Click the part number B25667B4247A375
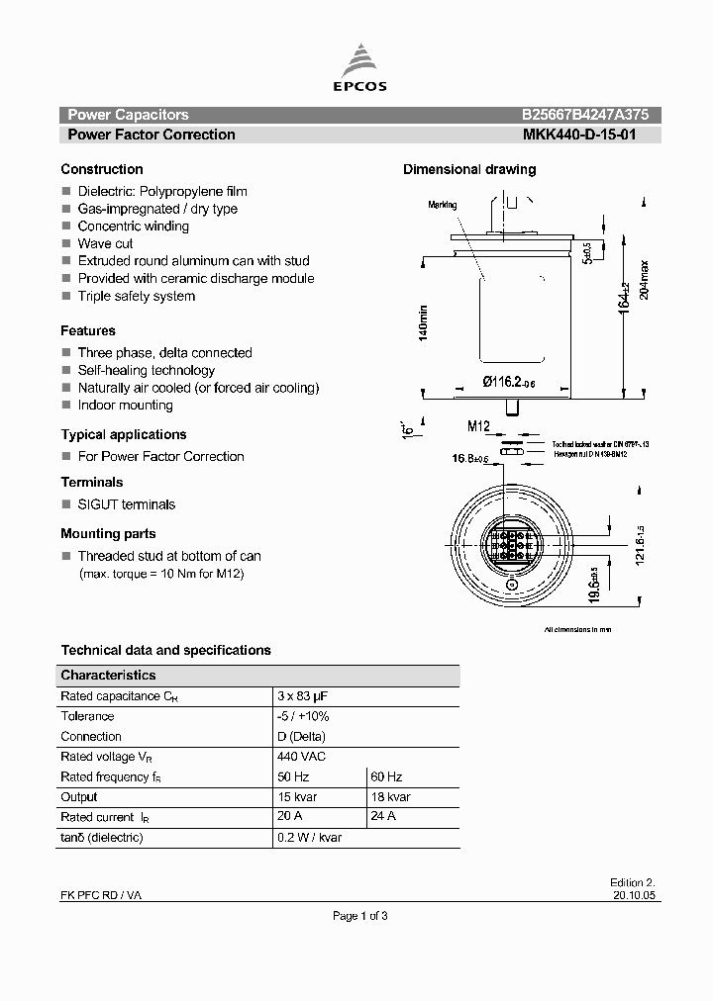(x=585, y=115)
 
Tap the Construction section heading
(x=102, y=169)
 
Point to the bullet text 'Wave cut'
(x=105, y=243)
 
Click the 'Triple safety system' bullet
(x=136, y=296)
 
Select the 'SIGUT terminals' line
(x=126, y=504)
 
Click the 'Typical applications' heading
(x=124, y=434)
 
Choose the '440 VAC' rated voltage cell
(x=302, y=757)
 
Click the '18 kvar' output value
(x=389, y=797)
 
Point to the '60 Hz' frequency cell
(x=385, y=777)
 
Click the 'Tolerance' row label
(x=87, y=716)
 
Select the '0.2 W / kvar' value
(x=310, y=838)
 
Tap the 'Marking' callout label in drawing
(x=443, y=205)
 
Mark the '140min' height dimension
(x=423, y=324)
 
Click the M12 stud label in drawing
(x=479, y=426)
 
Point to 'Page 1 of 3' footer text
(x=359, y=916)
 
